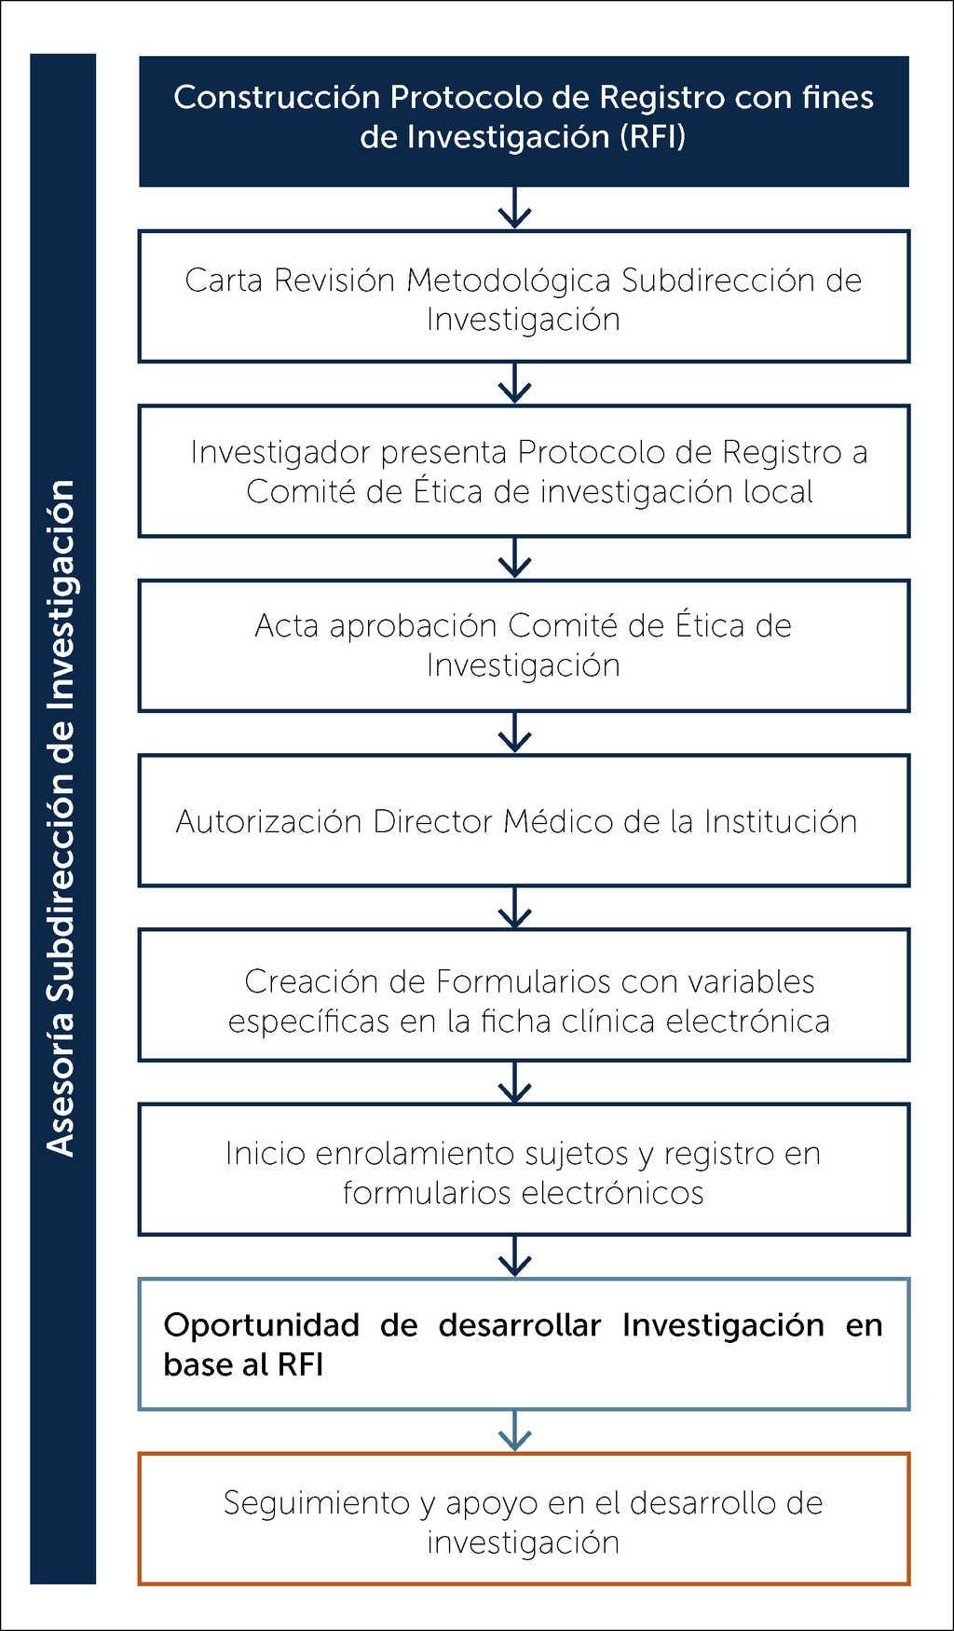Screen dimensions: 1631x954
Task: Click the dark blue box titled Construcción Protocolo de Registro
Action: coord(524,121)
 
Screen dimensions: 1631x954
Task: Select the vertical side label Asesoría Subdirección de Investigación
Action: coord(62,818)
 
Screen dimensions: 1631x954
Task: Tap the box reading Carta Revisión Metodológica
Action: coord(524,296)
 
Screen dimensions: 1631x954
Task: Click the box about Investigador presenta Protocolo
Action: coord(524,471)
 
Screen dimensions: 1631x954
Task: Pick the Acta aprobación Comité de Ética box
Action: coord(524,645)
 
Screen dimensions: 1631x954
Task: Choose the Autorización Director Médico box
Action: coord(524,820)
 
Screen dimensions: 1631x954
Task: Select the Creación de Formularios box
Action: coord(524,994)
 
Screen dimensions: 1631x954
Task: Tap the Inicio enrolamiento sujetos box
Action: coord(524,1170)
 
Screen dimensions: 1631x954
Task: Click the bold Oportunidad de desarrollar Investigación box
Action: coord(524,1344)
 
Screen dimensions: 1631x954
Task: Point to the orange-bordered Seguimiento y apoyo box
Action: coord(524,1519)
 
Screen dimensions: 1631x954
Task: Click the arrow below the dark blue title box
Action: coord(514,209)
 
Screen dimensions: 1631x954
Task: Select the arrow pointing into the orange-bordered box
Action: coord(514,1432)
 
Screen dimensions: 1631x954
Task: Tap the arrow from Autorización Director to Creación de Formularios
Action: coord(514,908)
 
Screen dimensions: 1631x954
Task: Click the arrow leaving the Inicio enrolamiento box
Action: coord(514,1256)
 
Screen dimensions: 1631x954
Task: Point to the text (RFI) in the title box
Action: coord(652,137)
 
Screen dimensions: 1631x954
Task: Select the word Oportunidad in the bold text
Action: coord(262,1324)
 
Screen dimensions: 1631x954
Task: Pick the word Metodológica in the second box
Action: coord(509,280)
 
